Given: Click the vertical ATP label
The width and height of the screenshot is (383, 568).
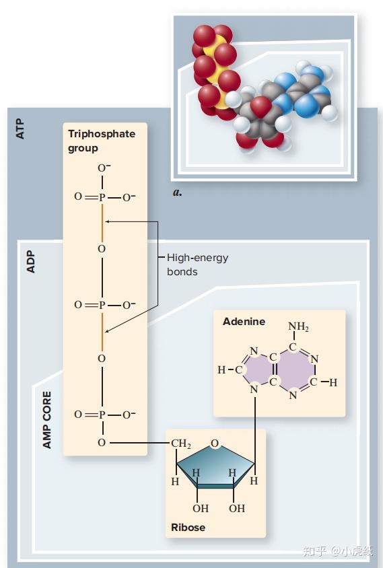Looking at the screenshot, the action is [20, 129].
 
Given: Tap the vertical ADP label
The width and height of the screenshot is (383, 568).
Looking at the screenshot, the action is [31, 262].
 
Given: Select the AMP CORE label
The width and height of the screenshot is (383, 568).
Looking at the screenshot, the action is [46, 420].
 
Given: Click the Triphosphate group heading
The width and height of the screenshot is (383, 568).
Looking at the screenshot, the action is [102, 141].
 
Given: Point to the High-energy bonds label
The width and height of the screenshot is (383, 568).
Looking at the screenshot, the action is [197, 264].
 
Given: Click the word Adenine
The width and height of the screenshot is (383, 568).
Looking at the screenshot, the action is [244, 322].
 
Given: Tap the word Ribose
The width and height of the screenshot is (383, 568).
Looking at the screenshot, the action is [188, 528].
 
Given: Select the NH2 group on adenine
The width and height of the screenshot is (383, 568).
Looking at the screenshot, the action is [298, 327].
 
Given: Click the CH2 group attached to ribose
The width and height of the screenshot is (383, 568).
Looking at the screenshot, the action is [181, 443].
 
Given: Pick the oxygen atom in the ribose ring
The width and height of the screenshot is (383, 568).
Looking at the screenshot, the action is [215, 443].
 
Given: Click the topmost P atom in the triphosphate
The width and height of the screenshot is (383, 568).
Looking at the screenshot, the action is [102, 197].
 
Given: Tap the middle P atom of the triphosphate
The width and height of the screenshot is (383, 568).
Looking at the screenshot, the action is [102, 306].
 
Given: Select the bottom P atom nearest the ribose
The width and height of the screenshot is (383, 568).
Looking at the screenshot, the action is [102, 415].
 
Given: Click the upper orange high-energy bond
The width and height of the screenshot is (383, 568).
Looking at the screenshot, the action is [102, 223].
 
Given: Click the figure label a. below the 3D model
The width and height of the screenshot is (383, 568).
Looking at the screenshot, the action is [177, 192].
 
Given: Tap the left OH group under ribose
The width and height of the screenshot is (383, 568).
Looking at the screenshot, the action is [201, 508].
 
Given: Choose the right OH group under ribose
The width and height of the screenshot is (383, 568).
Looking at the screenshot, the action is [237, 508].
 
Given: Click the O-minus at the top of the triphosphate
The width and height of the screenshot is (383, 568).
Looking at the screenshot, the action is [104, 168].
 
